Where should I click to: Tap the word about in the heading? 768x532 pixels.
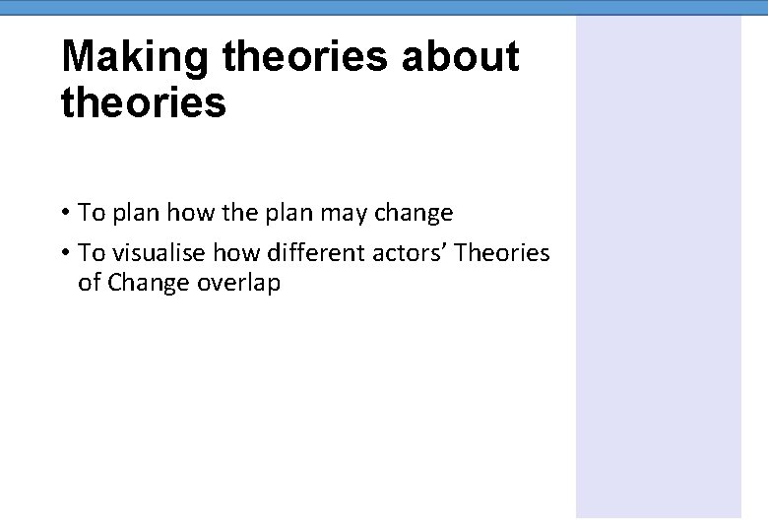coord(460,58)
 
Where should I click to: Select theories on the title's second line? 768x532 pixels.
coord(144,102)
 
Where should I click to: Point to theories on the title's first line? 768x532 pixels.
coord(305,58)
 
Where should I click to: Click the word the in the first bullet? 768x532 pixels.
coord(231,213)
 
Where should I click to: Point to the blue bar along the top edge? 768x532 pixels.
coord(384,7)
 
